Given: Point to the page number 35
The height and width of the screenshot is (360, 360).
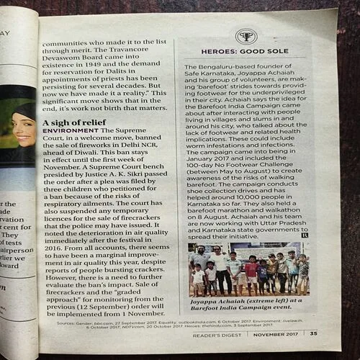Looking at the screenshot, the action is (313, 333).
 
